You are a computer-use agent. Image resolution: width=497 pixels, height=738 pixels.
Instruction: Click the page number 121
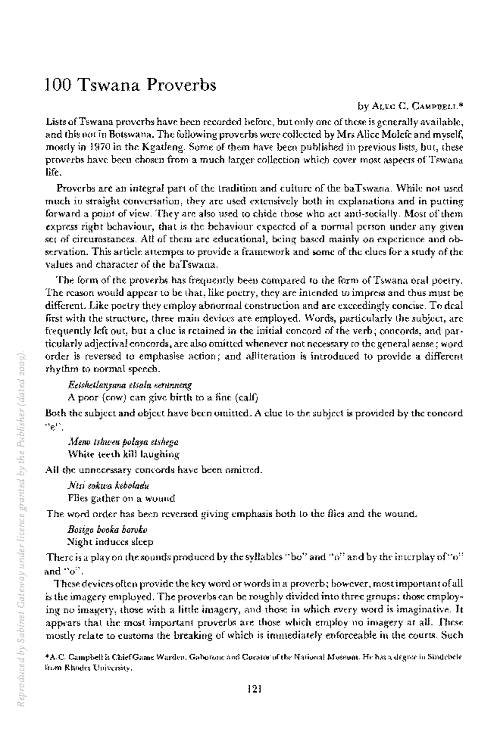coord(254,689)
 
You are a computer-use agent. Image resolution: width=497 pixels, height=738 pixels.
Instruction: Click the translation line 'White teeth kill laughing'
coord(123,454)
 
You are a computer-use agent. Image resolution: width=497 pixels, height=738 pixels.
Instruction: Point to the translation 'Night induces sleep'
coord(110,542)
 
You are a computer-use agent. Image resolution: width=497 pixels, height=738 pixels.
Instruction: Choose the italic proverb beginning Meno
coord(123,442)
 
